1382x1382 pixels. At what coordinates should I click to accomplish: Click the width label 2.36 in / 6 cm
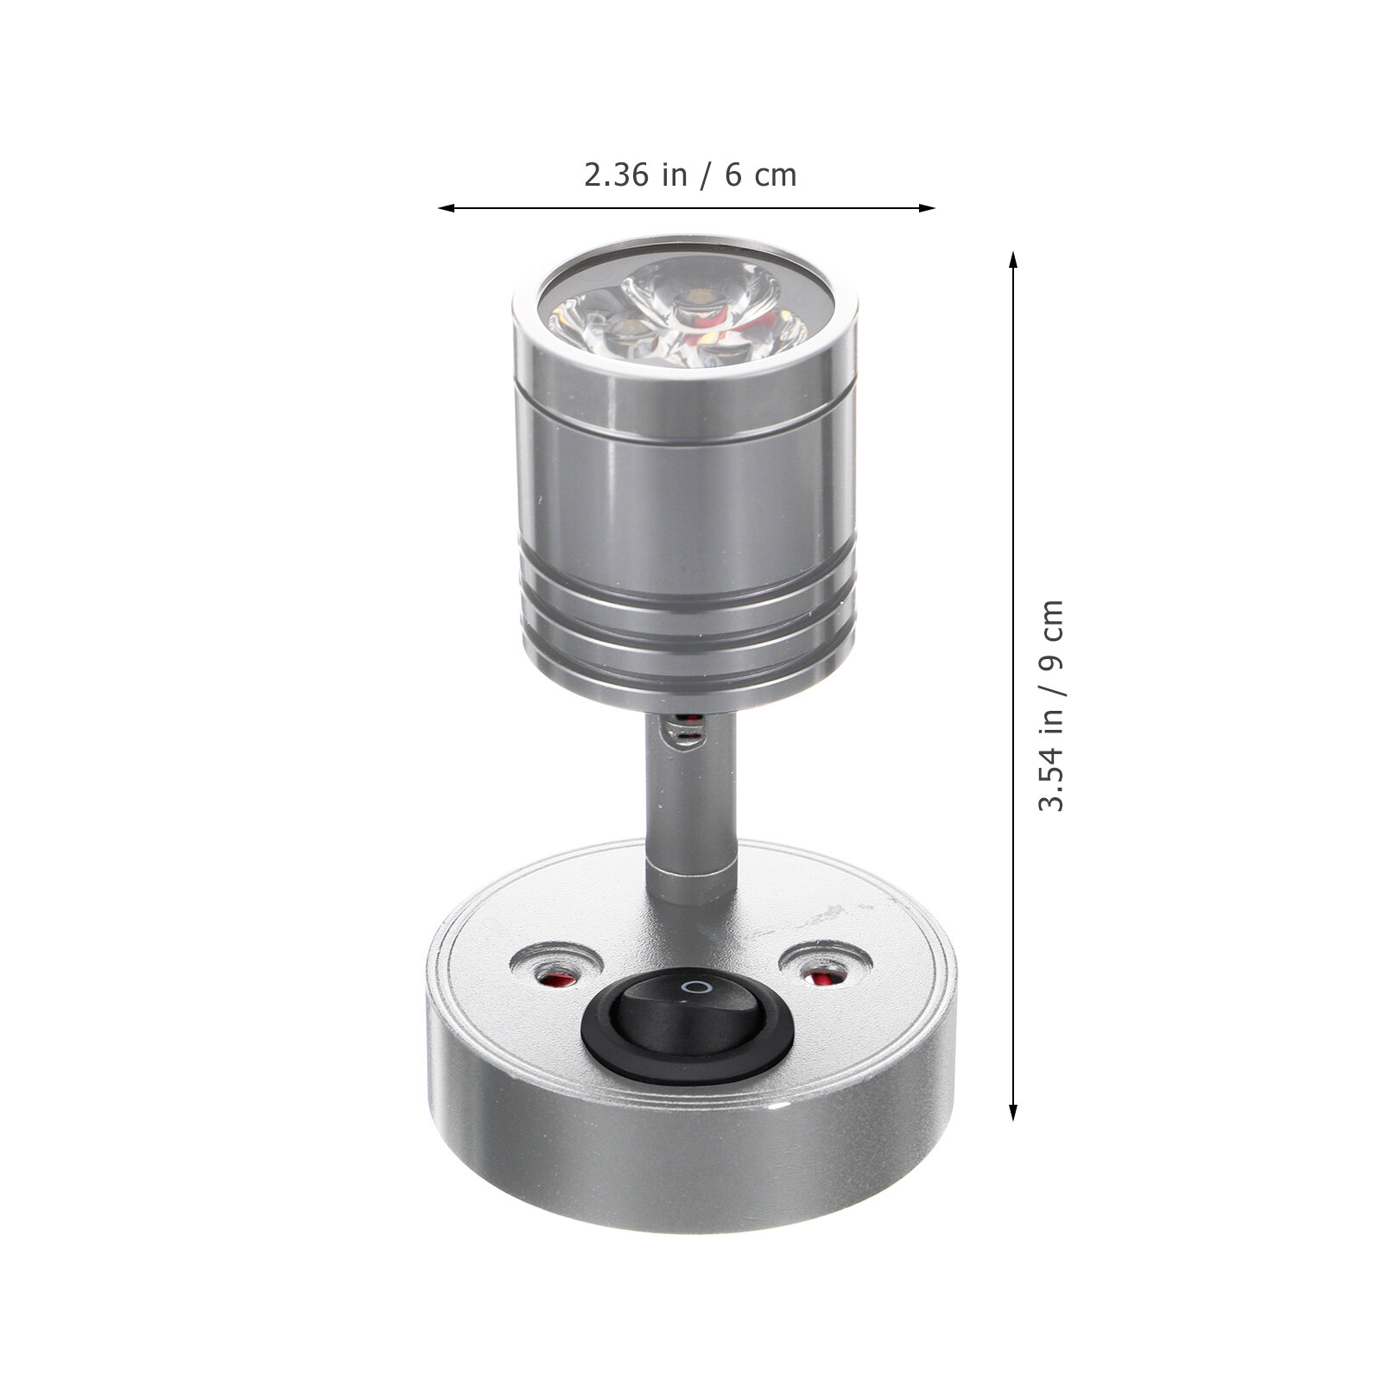tap(690, 175)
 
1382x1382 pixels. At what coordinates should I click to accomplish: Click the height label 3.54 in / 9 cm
tap(1052, 705)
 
